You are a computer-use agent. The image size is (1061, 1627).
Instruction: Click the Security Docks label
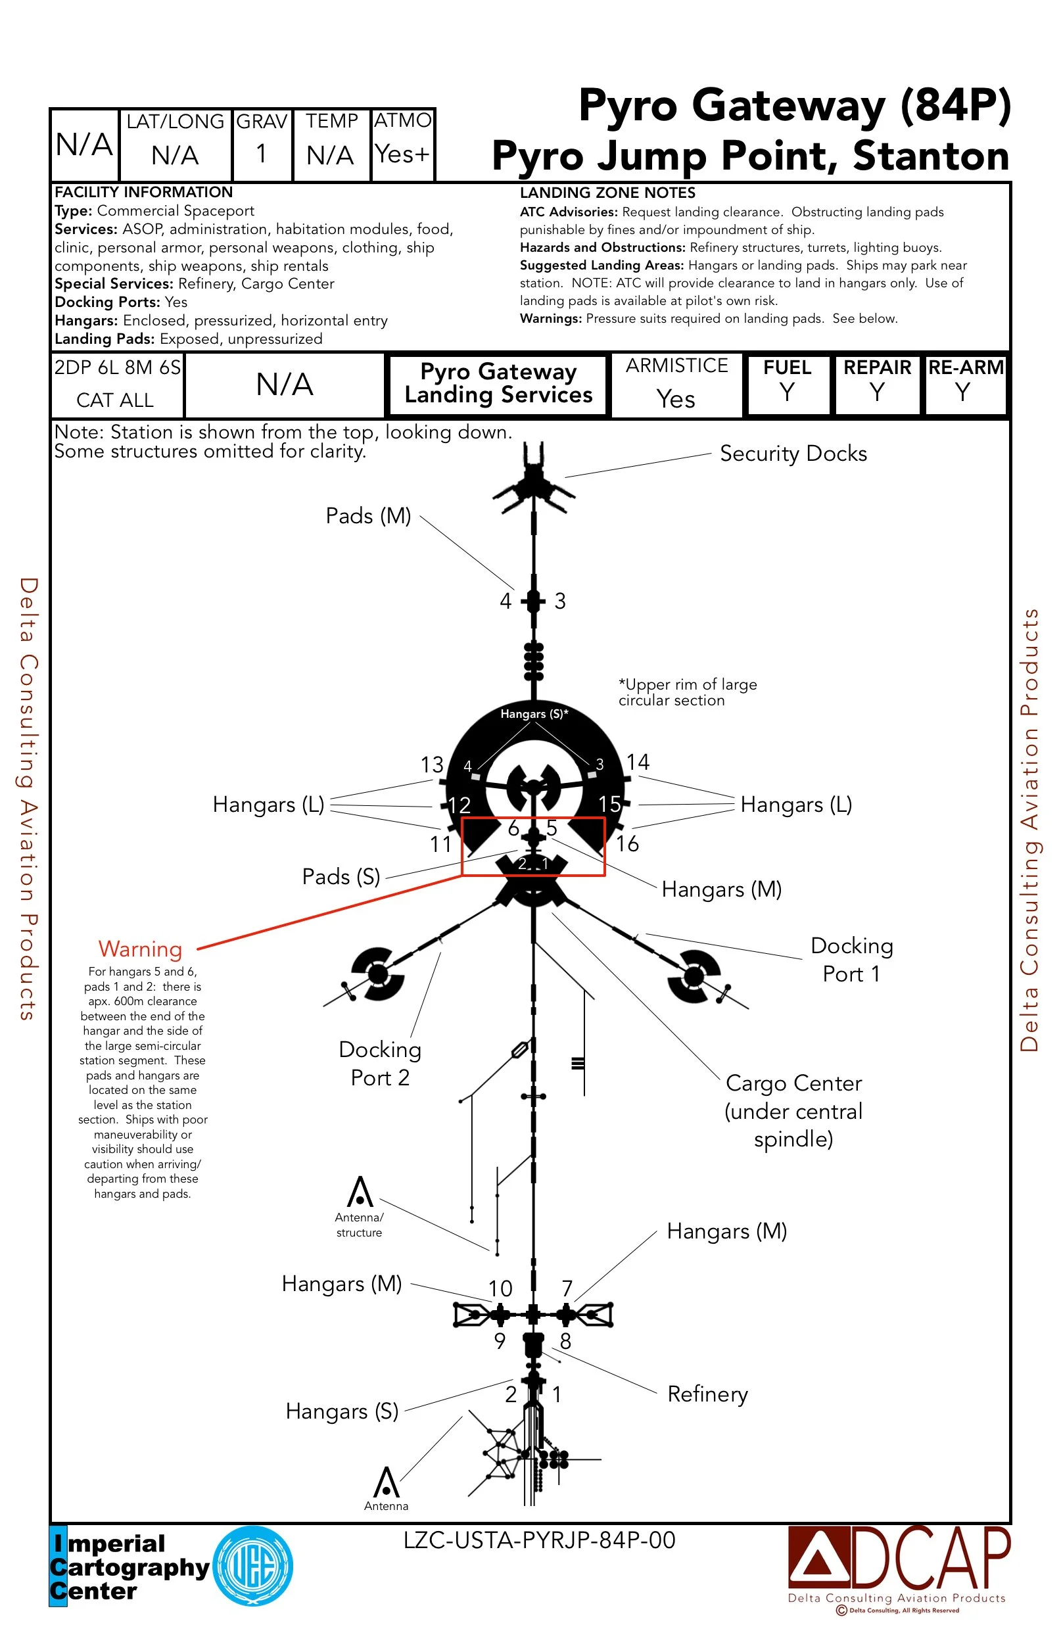coord(793,454)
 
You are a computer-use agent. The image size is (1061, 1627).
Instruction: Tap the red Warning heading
coord(140,949)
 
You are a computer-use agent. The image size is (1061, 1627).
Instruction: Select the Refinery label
coord(707,1394)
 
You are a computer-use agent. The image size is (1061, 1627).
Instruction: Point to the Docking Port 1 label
coord(851,960)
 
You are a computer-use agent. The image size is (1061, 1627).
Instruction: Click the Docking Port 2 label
coord(380,1064)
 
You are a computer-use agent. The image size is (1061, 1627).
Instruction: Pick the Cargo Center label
coord(793,1111)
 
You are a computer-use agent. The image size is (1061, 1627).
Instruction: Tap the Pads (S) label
coord(341,877)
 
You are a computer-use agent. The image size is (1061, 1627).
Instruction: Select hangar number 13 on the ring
coord(432,765)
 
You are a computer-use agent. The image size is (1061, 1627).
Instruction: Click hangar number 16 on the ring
coord(628,844)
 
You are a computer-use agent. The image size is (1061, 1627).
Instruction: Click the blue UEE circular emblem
coord(253,1566)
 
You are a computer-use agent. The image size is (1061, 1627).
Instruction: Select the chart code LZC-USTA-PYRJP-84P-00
coord(540,1540)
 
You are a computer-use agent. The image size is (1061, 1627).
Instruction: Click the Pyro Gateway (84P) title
coord(794,106)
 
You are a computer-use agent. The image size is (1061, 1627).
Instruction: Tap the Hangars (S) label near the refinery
coord(342,1411)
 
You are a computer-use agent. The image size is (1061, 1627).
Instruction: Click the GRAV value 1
coord(262,154)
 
